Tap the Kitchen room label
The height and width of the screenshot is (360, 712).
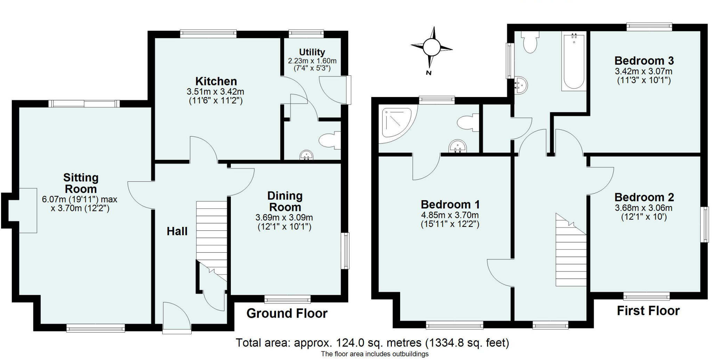(x=216, y=81)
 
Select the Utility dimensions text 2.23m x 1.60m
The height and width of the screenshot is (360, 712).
(x=312, y=61)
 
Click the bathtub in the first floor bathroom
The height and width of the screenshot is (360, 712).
(x=574, y=63)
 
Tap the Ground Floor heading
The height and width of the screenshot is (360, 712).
(x=287, y=313)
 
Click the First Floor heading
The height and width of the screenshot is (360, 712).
(x=648, y=311)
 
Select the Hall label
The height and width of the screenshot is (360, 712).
(x=177, y=231)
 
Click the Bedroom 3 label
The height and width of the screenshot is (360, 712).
(x=644, y=61)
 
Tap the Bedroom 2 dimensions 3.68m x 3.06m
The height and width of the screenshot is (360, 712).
(x=644, y=208)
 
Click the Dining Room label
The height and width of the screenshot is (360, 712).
(x=285, y=202)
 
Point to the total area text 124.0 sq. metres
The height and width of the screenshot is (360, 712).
(x=372, y=343)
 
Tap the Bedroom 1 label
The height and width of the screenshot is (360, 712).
(x=450, y=204)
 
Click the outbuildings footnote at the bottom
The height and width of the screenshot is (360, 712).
(x=374, y=354)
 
